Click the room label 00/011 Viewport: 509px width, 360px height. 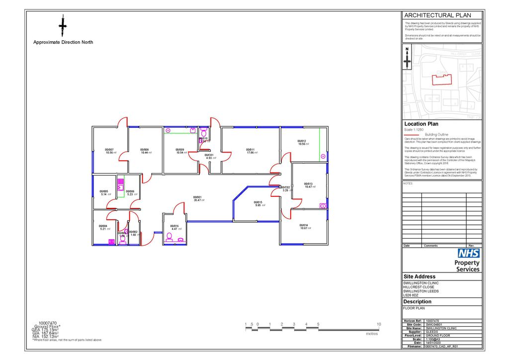tap(250, 150)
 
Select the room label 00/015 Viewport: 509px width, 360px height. tap(257, 202)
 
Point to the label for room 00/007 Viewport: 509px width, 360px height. tap(109, 150)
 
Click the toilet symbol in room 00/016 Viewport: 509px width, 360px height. tap(169, 236)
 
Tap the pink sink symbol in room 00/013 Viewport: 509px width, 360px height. tap(323, 205)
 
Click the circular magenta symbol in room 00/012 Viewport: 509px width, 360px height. tap(323, 156)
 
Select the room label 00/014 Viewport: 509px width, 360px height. tap(304, 225)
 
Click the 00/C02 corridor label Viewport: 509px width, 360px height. tap(285, 187)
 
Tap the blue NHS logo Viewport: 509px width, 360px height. tap(468, 253)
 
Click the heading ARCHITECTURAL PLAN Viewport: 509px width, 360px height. tap(437, 15)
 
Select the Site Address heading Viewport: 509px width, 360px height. tap(420, 276)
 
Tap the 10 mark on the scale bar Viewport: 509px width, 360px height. tap(379, 324)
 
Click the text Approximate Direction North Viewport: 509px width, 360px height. tap(63, 42)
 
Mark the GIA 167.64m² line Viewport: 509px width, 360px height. tap(45, 333)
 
